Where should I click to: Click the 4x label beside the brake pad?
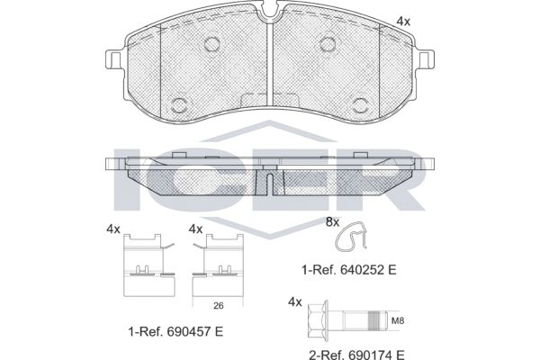coord(403,22)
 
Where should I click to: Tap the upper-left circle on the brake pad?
coord(212,44)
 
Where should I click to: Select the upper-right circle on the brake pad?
coord(328,44)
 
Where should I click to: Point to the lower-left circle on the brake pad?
coord(179,104)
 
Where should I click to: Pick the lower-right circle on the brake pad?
coord(361,104)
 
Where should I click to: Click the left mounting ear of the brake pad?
coord(113,60)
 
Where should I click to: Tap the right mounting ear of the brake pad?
coord(427,60)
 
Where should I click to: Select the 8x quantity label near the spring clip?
coord(332,222)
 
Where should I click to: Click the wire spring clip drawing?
coord(351,237)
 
